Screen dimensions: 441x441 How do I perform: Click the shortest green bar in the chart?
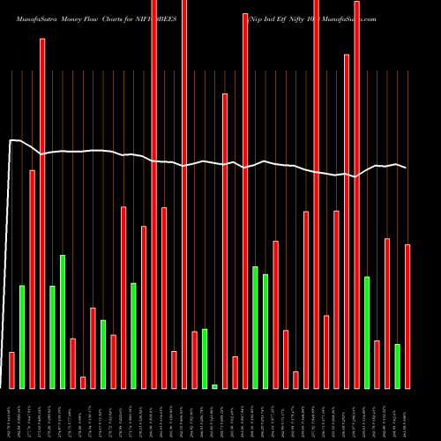(x=214, y=386)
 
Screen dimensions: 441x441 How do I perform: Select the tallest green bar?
(x=63, y=322)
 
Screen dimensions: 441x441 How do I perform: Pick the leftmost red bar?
(x=11, y=370)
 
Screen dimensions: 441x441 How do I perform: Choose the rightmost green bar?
(x=397, y=366)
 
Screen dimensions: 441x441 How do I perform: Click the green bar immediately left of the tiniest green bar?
(x=205, y=358)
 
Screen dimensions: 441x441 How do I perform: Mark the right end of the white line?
(x=406, y=168)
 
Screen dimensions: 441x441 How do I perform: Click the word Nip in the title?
(x=258, y=18)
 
